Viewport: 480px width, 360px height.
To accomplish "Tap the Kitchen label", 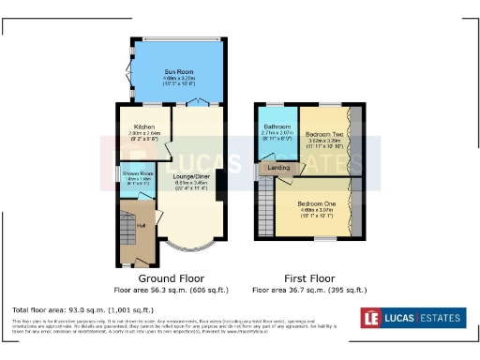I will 143,127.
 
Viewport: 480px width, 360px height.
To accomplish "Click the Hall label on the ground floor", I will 142,225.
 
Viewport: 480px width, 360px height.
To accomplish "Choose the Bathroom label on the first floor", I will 277,127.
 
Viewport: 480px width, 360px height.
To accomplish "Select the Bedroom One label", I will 316,202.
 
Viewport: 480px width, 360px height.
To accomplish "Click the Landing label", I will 278,168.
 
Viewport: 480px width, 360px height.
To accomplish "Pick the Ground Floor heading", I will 172,279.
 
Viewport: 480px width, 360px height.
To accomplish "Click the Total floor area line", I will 82,309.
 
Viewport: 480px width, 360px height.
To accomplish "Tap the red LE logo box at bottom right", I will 372,317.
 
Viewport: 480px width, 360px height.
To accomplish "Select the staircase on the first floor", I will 265,206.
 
